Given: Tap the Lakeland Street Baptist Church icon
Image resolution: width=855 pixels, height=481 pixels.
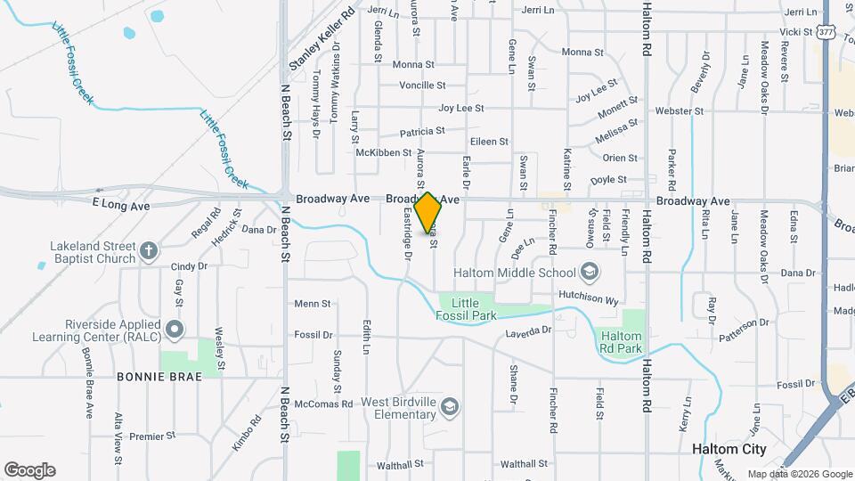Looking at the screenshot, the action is coord(151,250).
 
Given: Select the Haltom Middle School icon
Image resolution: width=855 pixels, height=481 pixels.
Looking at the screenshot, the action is coord(589,271).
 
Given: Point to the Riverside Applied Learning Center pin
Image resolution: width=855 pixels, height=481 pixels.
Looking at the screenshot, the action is coord(175,330).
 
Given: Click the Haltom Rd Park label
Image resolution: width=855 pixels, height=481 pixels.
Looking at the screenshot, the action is coord(621,341).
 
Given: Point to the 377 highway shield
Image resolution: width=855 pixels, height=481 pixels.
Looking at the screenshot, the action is coord(826,32).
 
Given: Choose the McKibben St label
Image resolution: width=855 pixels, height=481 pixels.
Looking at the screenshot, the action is coord(383,153).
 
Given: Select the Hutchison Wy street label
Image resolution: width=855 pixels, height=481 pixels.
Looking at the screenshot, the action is coord(588,301).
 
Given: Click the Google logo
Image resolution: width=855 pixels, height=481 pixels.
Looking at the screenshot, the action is coord(29,470).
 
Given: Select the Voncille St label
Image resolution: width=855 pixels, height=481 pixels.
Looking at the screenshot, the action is coord(422,86).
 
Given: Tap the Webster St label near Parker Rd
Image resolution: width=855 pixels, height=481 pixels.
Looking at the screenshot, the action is coord(679,111).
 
